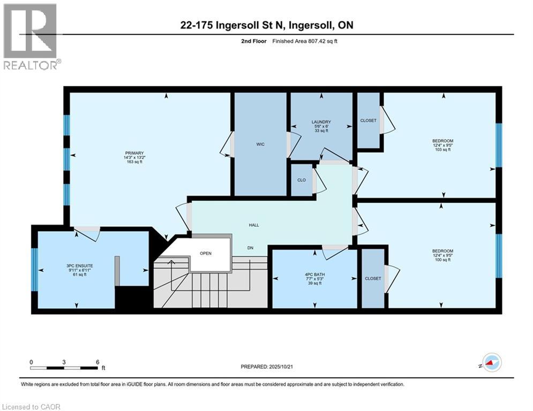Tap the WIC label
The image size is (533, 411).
[x=260, y=144]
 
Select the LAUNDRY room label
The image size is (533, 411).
[x=322, y=121]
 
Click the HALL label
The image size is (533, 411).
[x=254, y=225]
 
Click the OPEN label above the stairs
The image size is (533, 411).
[x=207, y=253]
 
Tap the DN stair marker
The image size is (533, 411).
[x=250, y=247]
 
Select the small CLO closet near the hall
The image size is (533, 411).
[x=302, y=180]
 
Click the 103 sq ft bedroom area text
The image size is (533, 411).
[x=442, y=150]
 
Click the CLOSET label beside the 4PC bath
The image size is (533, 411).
[x=373, y=278]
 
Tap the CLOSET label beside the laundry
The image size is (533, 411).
[x=369, y=120]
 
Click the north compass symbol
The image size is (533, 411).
[x=491, y=362]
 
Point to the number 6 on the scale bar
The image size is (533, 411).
[x=97, y=362]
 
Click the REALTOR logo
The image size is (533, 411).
[x=30, y=36]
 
